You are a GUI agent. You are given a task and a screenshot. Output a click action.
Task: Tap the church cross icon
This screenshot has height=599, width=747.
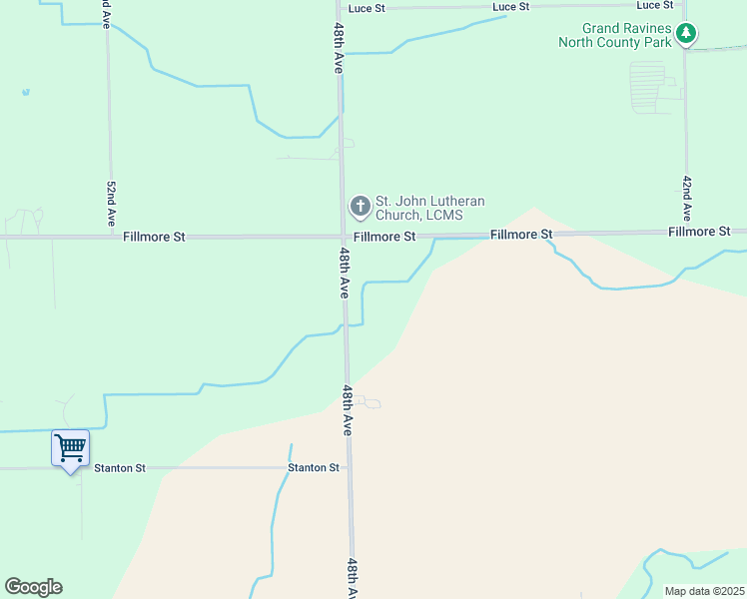click(360, 207)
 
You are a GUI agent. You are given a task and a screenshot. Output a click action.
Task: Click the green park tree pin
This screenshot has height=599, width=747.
click(685, 34)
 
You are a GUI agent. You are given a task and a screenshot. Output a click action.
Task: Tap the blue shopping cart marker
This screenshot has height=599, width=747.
click(70, 448)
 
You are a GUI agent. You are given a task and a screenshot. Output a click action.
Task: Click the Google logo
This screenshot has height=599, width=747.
click(33, 587)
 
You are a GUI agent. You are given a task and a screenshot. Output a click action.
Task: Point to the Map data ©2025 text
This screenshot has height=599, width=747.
click(704, 591)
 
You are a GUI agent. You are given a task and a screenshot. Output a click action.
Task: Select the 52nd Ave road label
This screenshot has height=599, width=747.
click(111, 203)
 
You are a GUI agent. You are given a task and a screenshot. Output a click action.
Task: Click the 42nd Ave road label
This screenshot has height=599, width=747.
click(687, 198)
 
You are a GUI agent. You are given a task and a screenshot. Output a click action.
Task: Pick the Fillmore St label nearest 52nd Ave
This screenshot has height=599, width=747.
click(155, 238)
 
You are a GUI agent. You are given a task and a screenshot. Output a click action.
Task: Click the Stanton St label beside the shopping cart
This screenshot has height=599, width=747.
click(120, 467)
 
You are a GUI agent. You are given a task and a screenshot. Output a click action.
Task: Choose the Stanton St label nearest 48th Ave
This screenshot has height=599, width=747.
click(314, 467)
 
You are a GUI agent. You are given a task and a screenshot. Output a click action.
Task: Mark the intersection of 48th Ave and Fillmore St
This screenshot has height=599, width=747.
click(343, 237)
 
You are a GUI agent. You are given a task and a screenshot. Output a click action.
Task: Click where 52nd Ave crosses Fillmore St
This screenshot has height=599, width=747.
click(110, 237)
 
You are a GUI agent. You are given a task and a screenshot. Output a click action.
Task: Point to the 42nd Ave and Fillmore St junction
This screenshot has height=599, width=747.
click(686, 232)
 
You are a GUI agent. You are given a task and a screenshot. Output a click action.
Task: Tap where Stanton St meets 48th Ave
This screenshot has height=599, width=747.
click(349, 467)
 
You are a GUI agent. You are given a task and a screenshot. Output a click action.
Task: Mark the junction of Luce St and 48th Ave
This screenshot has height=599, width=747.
click(340, 8)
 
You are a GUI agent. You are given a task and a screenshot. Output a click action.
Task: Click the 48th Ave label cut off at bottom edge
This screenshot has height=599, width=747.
click(353, 579)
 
